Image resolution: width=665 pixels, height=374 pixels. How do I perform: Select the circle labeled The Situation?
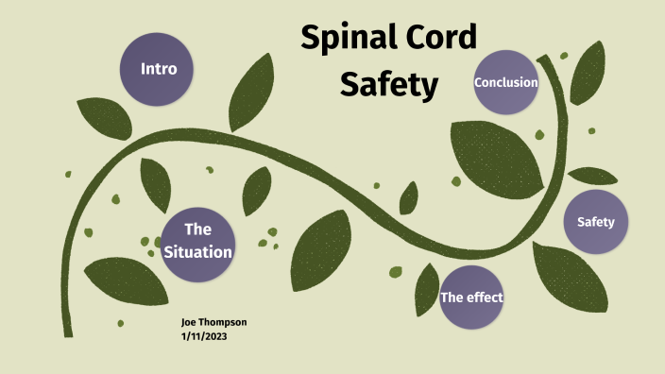click(x=196, y=241)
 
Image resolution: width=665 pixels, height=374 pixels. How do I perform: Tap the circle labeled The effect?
click(x=471, y=297)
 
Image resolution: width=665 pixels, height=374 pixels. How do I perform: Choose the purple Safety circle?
click(x=595, y=223)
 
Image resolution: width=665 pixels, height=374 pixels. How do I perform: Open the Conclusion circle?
click(x=506, y=82)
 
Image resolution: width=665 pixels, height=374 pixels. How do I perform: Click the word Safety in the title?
click(x=389, y=84)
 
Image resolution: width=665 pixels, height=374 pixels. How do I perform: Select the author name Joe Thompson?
click(x=213, y=322)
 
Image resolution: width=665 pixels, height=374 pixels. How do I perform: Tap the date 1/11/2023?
click(x=203, y=335)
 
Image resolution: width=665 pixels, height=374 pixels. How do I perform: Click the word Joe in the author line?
click(x=189, y=322)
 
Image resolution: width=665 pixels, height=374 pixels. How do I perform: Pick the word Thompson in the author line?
click(x=223, y=322)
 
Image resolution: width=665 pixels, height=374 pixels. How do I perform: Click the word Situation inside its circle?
click(x=196, y=252)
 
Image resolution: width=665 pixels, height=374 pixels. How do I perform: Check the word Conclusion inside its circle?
click(x=506, y=82)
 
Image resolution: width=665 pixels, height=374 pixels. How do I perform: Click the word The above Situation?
click(x=196, y=229)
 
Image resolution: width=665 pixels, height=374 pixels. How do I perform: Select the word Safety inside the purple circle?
click(x=595, y=223)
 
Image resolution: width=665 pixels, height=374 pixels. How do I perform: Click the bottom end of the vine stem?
click(x=68, y=332)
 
